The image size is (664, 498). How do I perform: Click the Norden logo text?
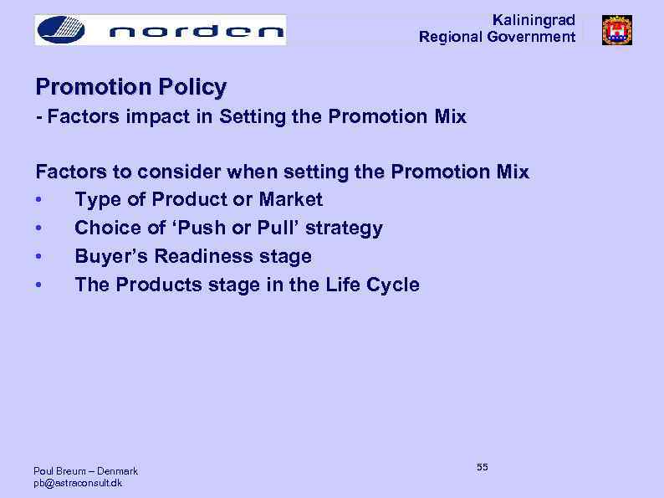tap(197, 32)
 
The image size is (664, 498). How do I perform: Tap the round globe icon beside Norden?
tap(62, 30)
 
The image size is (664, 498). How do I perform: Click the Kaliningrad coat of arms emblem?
tap(616, 30)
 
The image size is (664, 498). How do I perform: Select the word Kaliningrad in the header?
tap(534, 20)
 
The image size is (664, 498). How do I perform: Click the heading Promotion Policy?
tap(130, 87)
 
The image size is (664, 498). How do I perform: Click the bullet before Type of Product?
tap(39, 200)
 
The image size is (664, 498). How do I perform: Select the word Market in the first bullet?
tap(291, 199)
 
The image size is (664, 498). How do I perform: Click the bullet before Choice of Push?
tap(39, 228)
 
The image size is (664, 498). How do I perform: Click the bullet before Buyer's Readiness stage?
tap(39, 257)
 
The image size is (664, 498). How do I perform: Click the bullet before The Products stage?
tap(39, 285)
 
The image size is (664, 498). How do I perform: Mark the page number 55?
tap(483, 467)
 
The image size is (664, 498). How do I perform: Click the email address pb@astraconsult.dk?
tap(77, 484)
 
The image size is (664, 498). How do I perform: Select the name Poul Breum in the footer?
tap(59, 471)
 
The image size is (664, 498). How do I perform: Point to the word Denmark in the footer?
tap(117, 471)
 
